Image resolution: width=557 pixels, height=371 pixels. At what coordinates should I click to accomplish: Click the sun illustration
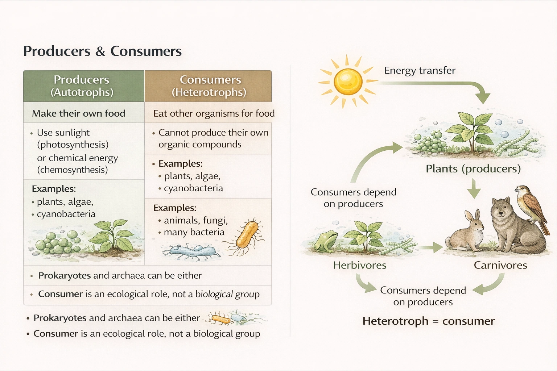[x=347, y=82]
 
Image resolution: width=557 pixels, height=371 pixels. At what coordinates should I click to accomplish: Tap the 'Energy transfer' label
[x=420, y=70]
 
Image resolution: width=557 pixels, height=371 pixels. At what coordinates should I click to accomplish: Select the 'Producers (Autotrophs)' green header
[x=83, y=86]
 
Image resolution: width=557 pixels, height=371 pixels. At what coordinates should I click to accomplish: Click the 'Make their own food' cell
[x=79, y=113]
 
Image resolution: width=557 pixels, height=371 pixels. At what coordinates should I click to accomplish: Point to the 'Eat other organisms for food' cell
[x=214, y=113]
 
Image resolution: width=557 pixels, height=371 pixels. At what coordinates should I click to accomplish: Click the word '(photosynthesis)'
[x=73, y=145]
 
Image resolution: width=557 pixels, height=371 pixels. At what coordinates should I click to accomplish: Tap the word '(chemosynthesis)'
[x=73, y=170]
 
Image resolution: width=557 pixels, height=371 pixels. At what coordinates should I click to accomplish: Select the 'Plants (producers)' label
[x=473, y=168]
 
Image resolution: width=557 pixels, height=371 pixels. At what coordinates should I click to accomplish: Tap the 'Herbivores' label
[x=360, y=265]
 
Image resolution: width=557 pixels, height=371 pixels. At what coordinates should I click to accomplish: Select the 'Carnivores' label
[x=500, y=265]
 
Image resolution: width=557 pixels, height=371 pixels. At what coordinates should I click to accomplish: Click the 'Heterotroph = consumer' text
[x=428, y=321]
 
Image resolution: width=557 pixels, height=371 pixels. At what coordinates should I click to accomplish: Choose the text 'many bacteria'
[x=194, y=232]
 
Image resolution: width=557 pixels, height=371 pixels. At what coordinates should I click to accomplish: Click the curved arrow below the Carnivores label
[x=490, y=285]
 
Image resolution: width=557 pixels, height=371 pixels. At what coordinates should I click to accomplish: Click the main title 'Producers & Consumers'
[x=102, y=51]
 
